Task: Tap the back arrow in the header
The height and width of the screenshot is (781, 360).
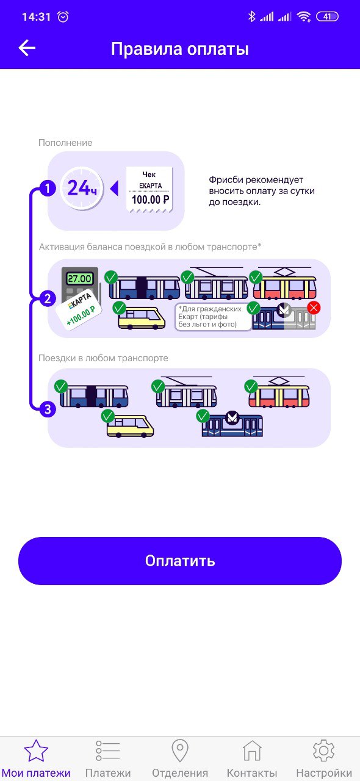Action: (27, 48)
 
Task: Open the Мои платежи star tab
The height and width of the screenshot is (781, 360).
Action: (36, 760)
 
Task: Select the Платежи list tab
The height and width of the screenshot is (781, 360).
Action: (108, 760)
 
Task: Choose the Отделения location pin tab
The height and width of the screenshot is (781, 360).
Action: (179, 760)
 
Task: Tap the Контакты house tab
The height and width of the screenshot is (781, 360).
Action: (252, 760)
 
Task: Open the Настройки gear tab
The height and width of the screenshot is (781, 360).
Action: (324, 760)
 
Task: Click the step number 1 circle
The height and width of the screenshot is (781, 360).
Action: (48, 189)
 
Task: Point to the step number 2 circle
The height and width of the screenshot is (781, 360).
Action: (48, 299)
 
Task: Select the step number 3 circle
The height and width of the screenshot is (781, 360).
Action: (48, 409)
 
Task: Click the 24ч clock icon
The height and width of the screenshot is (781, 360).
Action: (82, 189)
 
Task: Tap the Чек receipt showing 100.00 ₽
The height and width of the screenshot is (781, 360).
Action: (149, 190)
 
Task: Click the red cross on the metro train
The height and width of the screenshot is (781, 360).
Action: (314, 308)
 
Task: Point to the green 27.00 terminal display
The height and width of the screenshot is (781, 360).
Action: (80, 279)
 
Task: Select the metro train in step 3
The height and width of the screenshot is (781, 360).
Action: (232, 425)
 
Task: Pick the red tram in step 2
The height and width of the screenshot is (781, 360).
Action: (285, 284)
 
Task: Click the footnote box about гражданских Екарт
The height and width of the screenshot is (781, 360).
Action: (213, 317)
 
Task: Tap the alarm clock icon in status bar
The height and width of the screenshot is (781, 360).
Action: (63, 16)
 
